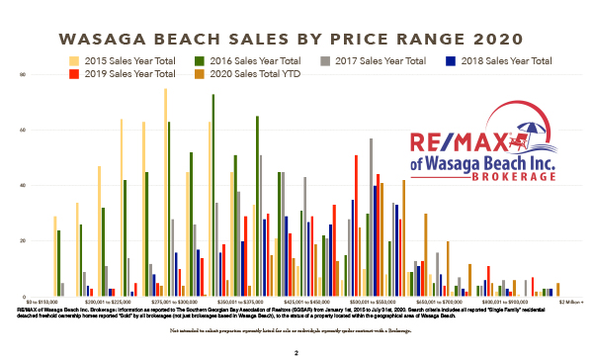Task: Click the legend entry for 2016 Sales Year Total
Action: (253, 61)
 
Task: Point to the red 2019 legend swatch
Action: (76, 73)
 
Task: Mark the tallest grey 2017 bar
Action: (371, 218)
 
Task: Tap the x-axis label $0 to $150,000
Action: (42, 301)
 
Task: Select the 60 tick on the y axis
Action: (22, 131)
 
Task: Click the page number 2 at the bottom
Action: (296, 351)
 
